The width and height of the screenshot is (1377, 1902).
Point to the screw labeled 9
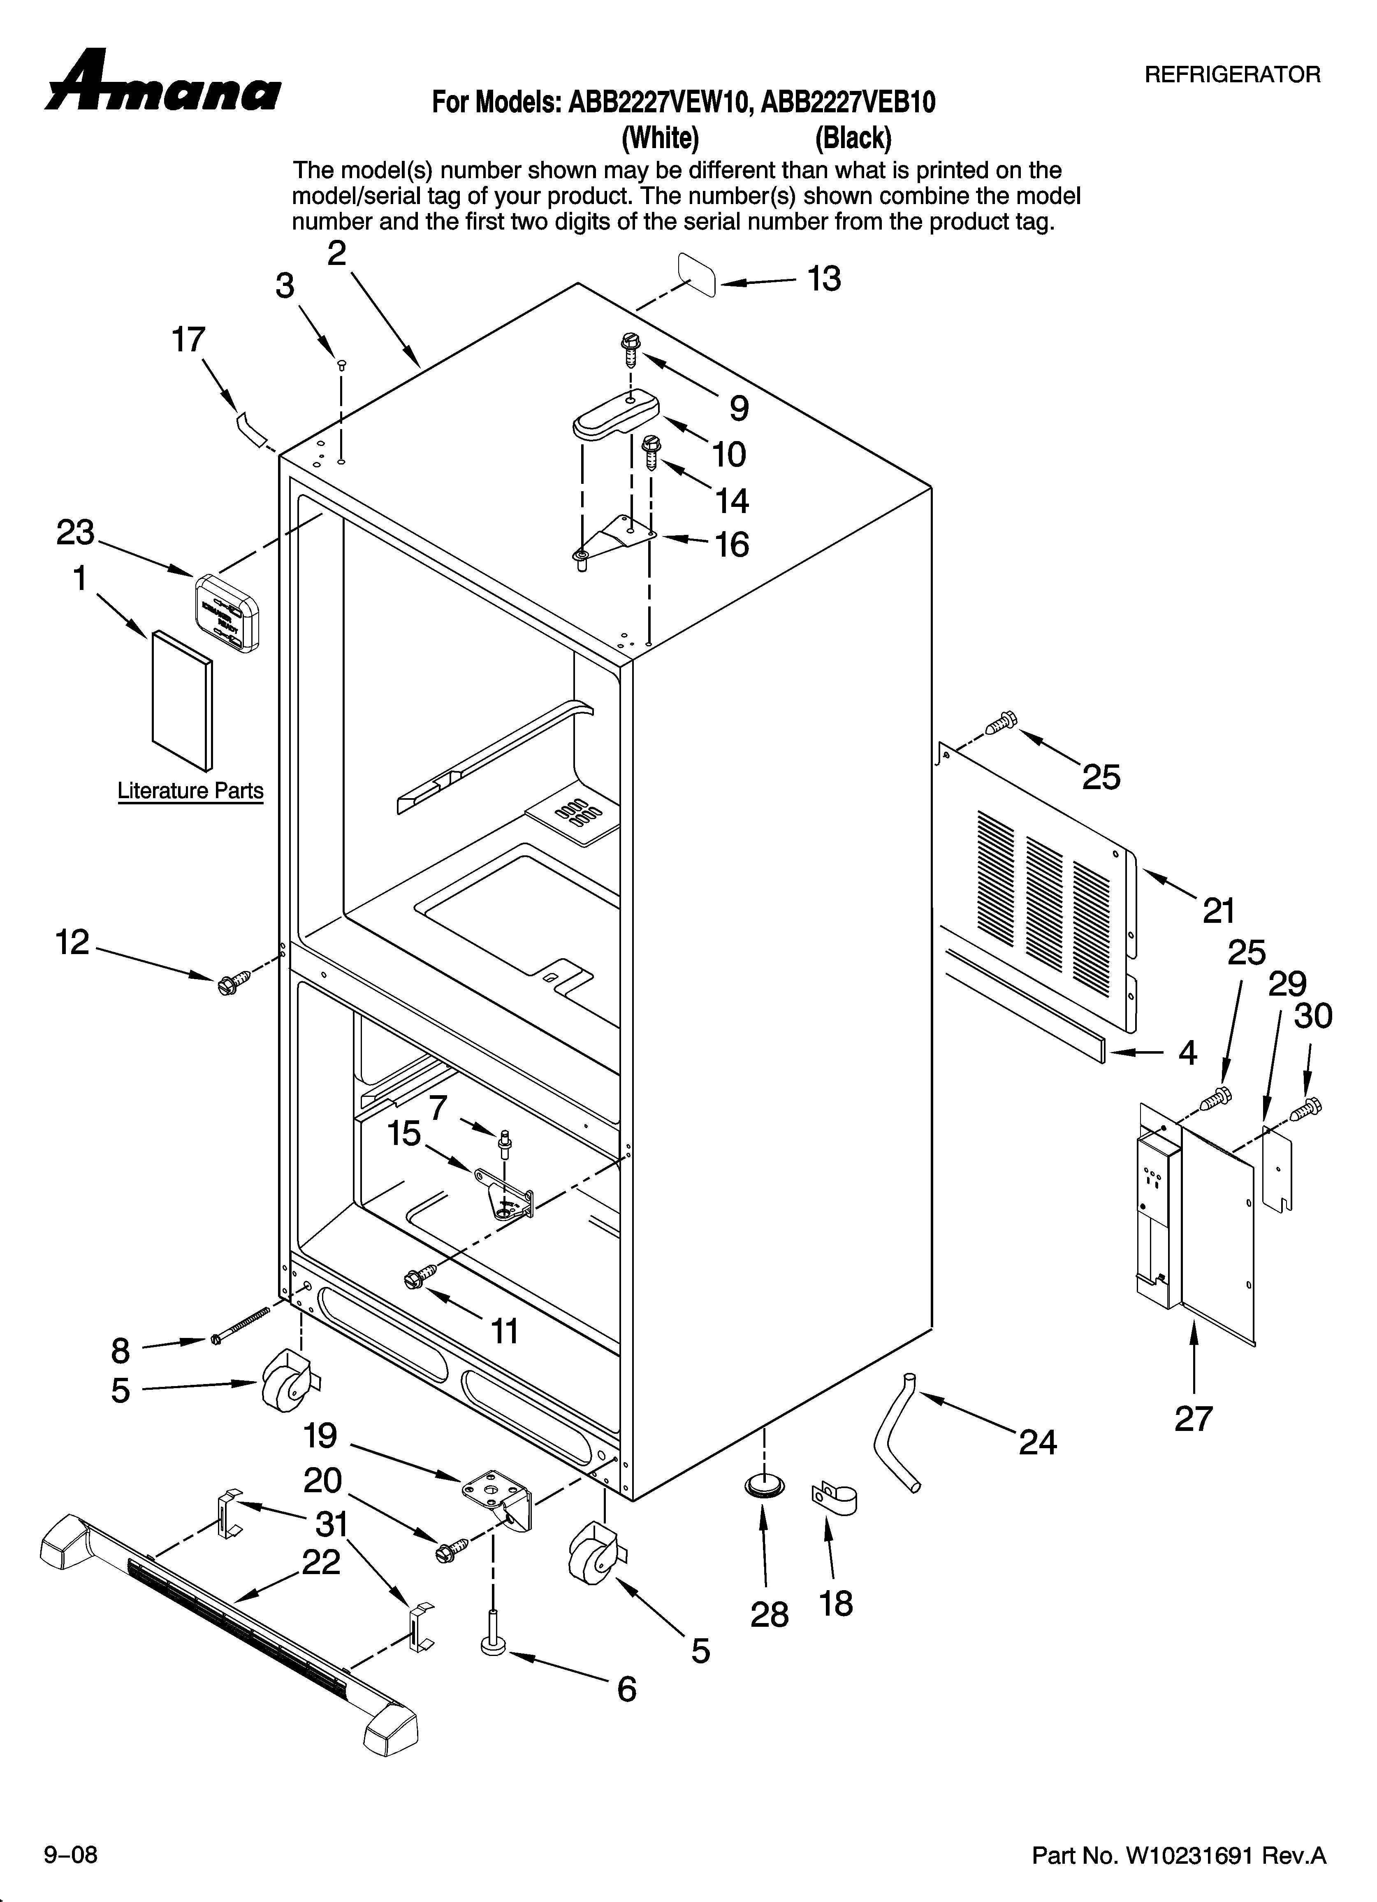tap(630, 347)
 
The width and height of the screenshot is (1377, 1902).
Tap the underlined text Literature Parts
tap(190, 791)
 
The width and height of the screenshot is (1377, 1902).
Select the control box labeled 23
tap(227, 613)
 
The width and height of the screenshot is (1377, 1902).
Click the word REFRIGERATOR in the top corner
tap(1232, 74)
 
